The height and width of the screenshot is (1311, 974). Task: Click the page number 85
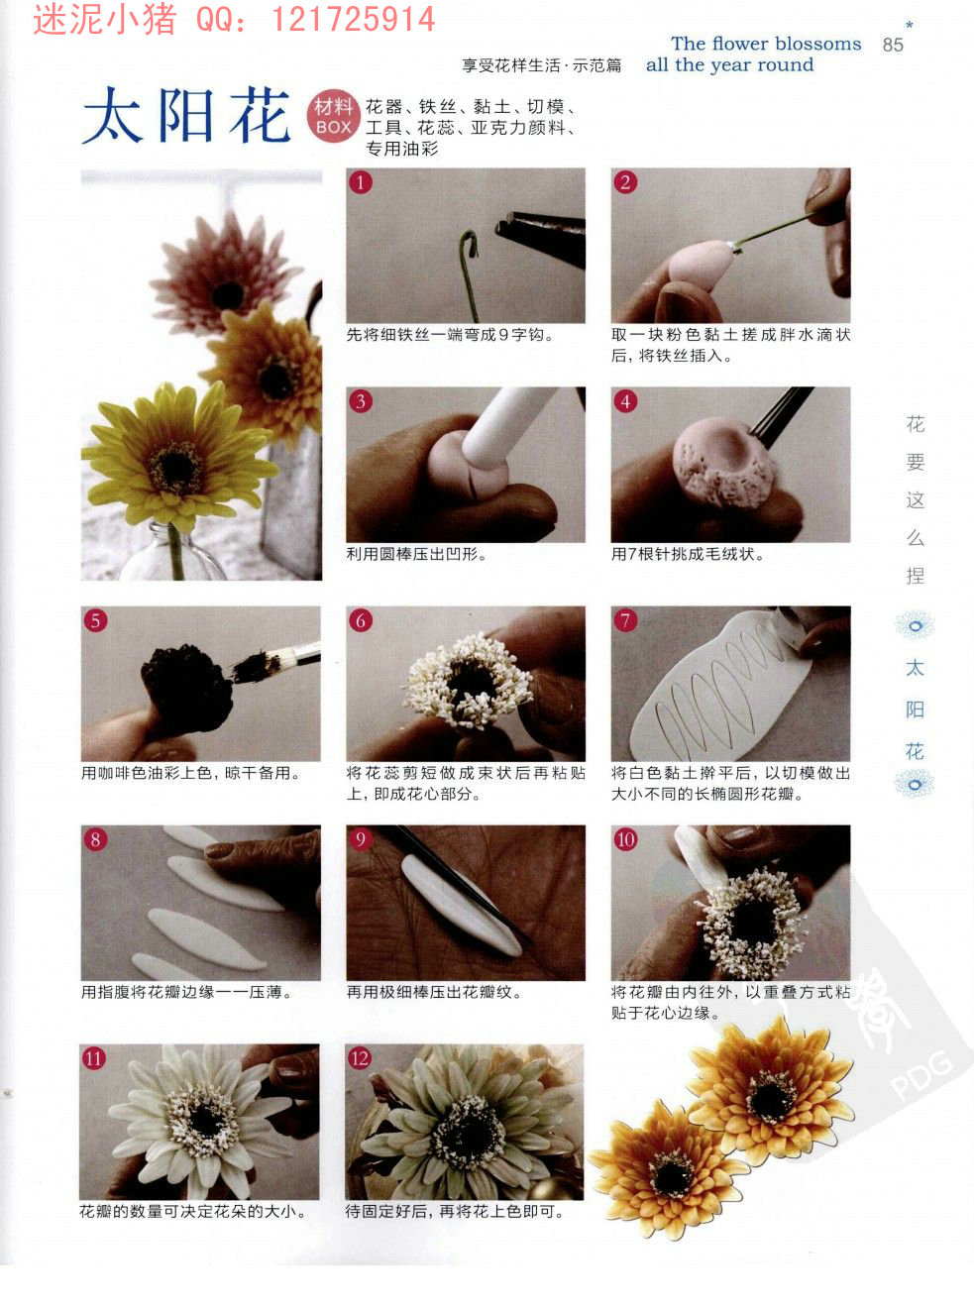pos(893,45)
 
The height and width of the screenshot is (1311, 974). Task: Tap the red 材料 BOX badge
pos(333,117)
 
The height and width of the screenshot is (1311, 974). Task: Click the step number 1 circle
pos(361,182)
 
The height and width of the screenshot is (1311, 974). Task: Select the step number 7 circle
pos(625,620)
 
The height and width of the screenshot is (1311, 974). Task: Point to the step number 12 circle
pos(360,1057)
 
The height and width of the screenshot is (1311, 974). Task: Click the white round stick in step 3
pos(505,424)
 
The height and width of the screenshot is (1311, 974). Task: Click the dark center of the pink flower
pos(228,295)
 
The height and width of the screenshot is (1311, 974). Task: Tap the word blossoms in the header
pos(818,44)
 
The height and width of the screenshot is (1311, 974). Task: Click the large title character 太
pos(112,116)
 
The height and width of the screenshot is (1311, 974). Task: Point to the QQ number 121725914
pos(353,19)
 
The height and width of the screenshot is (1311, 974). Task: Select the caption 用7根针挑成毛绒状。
pos(688,554)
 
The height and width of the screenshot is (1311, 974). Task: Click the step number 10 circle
pos(625,838)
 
